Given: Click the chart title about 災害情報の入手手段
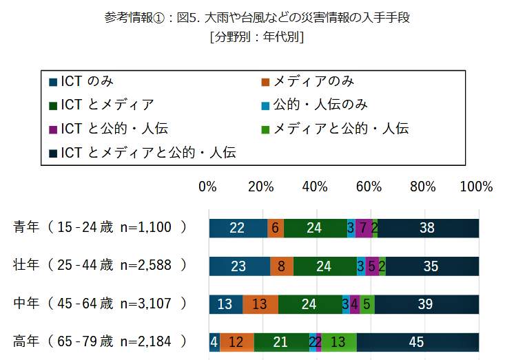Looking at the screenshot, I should tap(256, 17).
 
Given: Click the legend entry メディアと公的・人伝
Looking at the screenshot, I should tap(335, 128).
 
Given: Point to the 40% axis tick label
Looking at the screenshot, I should tap(315, 187).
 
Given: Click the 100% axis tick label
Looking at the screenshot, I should tap(476, 187).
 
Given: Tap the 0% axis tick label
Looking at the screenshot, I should tap(208, 187).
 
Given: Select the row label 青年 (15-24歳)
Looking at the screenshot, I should tap(100, 228).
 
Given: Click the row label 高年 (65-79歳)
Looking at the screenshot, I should tap(100, 341).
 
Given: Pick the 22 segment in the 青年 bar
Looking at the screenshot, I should tap(238, 228).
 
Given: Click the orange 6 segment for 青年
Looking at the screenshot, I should tap(276, 228).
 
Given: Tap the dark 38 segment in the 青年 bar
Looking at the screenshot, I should tap(428, 228).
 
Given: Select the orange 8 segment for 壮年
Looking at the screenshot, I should tap(282, 266).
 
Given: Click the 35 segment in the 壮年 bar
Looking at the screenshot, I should tap(432, 266).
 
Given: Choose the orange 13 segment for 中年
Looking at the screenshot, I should tap(260, 304).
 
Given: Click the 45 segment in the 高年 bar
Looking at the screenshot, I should tap(418, 341).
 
